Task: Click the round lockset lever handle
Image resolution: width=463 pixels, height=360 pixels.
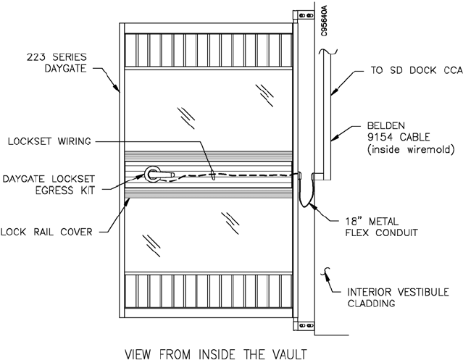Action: pyautogui.click(x=154, y=174)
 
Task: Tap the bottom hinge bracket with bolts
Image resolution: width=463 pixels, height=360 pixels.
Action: pyautogui.click(x=296, y=328)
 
